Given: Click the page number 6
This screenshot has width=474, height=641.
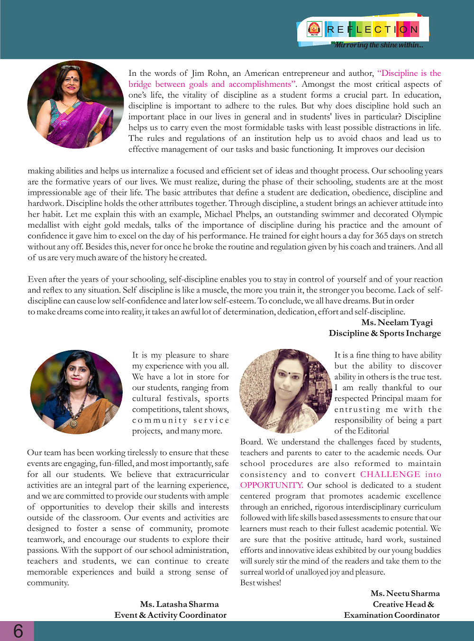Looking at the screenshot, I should click(x=18, y=631).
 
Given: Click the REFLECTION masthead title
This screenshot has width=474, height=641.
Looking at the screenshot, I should click(x=373, y=29).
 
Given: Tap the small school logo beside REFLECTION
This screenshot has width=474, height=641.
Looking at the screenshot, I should click(x=314, y=29).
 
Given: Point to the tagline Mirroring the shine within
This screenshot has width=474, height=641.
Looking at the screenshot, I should click(x=378, y=45).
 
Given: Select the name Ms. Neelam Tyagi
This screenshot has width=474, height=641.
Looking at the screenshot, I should click(x=397, y=322).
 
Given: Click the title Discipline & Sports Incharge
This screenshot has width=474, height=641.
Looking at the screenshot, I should click(x=385, y=333).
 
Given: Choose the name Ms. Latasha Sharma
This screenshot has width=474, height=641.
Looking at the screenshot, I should click(x=179, y=604).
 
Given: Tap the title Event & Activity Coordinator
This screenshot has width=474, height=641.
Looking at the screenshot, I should click(x=170, y=615).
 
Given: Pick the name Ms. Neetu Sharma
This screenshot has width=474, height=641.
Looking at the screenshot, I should click(x=405, y=593).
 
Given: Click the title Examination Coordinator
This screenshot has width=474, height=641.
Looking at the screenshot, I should click(x=392, y=615).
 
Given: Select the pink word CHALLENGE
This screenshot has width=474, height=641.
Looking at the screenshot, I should click(x=390, y=474).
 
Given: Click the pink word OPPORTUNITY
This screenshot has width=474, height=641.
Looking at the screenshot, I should click(x=271, y=485).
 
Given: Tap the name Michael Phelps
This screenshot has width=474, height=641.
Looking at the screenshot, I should click(x=232, y=214).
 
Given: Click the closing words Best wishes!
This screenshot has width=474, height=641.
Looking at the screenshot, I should click(x=261, y=583).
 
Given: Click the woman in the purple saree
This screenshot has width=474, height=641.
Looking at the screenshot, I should click(x=76, y=104).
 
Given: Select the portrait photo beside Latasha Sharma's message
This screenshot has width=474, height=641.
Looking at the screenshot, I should click(x=76, y=392).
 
